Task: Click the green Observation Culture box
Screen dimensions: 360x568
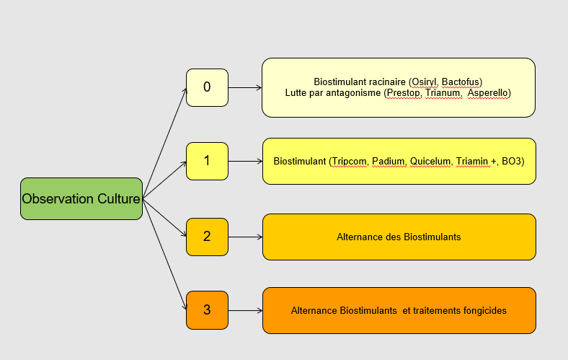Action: click(x=81, y=198)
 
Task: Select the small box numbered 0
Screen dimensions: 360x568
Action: click(x=207, y=87)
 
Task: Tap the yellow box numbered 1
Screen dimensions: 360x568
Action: click(x=207, y=161)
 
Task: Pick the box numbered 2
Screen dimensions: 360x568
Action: click(x=207, y=236)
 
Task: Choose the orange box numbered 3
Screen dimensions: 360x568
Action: click(x=207, y=309)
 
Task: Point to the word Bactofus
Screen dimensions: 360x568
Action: click(x=461, y=82)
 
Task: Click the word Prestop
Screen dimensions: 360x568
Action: click(x=403, y=93)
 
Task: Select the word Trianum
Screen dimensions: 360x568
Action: click(x=441, y=93)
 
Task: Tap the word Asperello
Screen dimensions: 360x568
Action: click(x=487, y=93)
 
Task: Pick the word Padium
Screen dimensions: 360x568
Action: click(x=389, y=161)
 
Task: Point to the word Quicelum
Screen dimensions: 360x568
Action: click(x=430, y=161)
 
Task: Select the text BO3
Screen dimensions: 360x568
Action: click(x=512, y=161)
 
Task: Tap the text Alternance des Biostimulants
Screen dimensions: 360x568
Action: click(x=399, y=237)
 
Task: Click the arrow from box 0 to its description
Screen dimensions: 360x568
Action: click(x=245, y=88)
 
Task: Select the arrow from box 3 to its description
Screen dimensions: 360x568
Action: click(x=245, y=310)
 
